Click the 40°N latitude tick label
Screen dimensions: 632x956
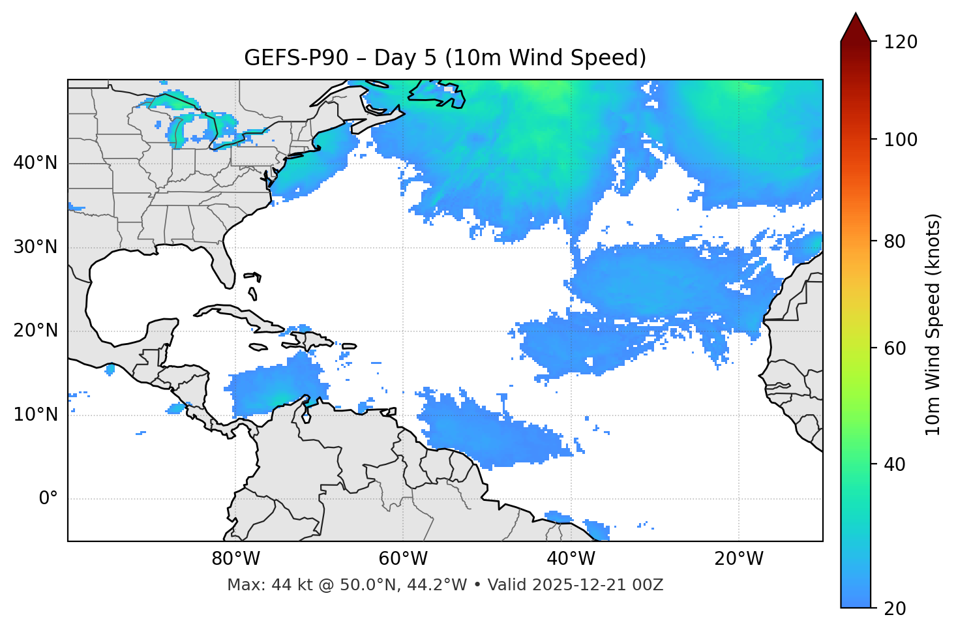(x=35, y=163)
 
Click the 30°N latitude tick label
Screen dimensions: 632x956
(x=35, y=247)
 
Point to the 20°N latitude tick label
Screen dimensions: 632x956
(x=35, y=331)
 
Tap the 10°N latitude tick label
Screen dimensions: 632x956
(x=35, y=415)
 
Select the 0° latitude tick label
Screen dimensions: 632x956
(x=48, y=499)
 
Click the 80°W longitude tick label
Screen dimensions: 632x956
(x=235, y=559)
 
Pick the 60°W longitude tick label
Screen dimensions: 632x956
(x=403, y=559)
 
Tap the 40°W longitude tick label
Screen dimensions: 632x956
(x=571, y=559)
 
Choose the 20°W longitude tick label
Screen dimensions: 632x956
(x=739, y=559)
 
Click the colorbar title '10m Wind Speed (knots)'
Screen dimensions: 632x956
(x=933, y=325)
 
